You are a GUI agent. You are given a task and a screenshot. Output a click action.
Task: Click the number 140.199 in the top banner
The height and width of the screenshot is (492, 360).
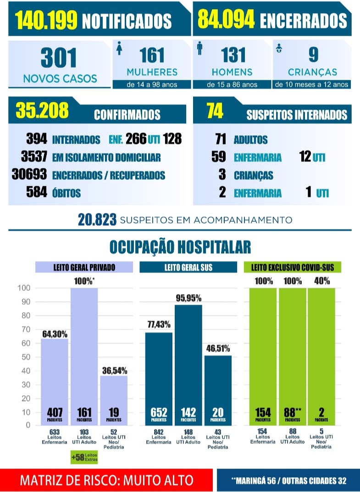pos(46,20)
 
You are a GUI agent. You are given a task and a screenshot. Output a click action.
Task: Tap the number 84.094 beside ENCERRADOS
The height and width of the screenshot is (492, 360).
pos(226,19)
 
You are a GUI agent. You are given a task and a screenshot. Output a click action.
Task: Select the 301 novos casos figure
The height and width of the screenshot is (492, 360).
pos(59,58)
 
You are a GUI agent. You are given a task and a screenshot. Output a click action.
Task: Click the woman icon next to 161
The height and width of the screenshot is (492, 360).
pos(119,48)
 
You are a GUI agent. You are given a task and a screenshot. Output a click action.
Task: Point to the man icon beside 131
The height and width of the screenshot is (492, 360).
pos(199,48)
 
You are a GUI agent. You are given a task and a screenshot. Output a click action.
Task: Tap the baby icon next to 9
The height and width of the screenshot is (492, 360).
pos(279,48)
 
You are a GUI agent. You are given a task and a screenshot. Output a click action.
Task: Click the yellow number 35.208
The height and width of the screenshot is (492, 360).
pos(42,110)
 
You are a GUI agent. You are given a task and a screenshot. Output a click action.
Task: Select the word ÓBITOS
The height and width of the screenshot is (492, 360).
pos(66,193)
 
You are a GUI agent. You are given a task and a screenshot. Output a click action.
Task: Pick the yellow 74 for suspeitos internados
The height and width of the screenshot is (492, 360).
pos(215,111)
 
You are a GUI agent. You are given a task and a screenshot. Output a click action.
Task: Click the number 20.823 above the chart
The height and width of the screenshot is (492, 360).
pos(97,220)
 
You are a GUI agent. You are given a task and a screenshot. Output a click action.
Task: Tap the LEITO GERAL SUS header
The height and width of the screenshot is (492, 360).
pos(188,267)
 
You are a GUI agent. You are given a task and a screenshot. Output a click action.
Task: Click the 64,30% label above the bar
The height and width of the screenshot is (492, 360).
pos(55,334)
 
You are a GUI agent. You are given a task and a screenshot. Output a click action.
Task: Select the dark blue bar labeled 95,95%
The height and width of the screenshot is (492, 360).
pos(188,365)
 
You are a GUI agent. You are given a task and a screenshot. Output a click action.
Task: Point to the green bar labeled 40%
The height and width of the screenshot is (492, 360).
pos(321,357)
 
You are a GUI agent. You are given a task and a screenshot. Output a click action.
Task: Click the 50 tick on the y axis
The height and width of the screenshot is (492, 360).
pos(26,357)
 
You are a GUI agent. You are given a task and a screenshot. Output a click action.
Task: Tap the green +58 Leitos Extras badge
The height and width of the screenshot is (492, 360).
pos(84,457)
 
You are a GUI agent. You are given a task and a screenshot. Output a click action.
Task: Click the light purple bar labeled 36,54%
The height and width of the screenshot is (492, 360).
pos(114,400)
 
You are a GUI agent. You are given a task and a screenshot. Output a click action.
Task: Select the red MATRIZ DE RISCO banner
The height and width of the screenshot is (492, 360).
pos(106,480)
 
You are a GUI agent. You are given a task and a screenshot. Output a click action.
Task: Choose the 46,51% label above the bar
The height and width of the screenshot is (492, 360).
pos(218,348)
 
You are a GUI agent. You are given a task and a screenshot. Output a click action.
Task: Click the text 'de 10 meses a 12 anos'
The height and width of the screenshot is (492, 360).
pos(312,84)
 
